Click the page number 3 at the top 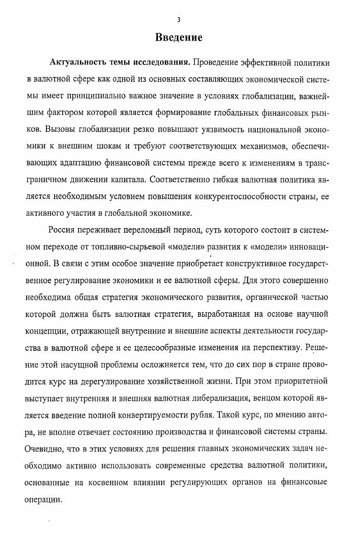[179, 19]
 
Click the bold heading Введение [179, 37]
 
